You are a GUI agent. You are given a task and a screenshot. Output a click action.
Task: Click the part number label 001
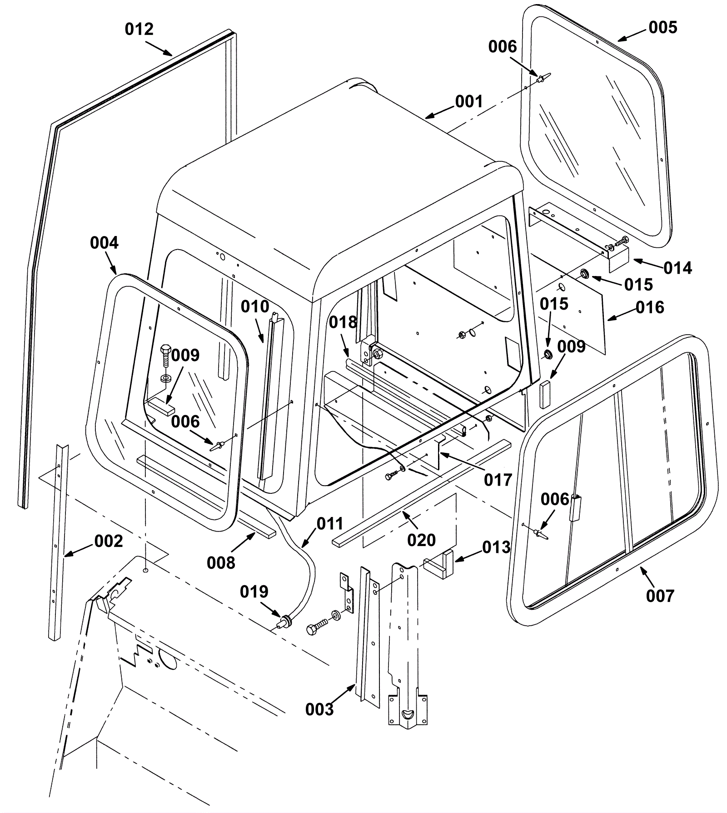click(468, 101)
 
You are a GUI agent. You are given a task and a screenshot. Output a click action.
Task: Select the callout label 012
click(139, 29)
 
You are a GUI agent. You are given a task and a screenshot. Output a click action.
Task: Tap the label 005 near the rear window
click(663, 27)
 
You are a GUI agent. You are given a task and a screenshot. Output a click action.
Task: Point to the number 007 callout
click(660, 595)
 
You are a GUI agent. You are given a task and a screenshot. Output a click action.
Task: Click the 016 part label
click(650, 307)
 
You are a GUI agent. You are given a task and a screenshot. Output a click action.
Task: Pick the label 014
click(677, 268)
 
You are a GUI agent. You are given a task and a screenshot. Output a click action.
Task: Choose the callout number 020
click(421, 540)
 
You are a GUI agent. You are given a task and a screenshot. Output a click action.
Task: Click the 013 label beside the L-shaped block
click(496, 547)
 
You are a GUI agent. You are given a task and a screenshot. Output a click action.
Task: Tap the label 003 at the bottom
click(319, 709)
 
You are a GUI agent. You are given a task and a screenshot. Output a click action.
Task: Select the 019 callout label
click(254, 592)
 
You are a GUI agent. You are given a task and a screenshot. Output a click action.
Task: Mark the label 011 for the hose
click(329, 523)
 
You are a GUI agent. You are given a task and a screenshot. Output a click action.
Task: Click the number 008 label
click(221, 563)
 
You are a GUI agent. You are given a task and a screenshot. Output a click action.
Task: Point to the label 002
click(109, 541)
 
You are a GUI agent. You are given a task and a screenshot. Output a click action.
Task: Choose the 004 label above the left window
click(104, 243)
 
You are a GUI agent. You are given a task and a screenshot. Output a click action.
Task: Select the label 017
click(498, 479)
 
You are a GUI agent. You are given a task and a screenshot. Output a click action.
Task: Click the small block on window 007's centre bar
click(576, 508)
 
